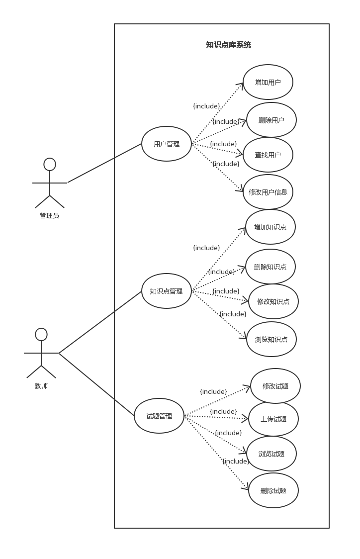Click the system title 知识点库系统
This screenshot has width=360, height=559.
(228, 45)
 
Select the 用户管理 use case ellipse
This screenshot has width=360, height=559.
(167, 144)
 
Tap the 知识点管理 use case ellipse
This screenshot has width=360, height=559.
(167, 291)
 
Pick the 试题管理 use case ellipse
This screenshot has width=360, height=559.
(159, 416)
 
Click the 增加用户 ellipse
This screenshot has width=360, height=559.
(268, 82)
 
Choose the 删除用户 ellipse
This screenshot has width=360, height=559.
(271, 120)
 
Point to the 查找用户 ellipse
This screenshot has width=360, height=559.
(268, 155)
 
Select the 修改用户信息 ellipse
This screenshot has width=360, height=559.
(268, 192)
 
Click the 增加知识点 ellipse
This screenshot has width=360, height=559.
(270, 227)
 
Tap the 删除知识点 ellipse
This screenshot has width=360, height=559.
(270, 267)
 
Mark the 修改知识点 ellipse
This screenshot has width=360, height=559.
(273, 301)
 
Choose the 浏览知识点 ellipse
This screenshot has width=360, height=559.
(271, 339)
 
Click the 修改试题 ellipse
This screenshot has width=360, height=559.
(275, 386)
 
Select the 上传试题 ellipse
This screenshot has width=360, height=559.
(273, 419)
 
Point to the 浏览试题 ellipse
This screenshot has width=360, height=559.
(271, 454)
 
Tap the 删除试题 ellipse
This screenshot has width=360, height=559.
(273, 490)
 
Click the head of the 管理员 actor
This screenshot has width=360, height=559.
(50, 164)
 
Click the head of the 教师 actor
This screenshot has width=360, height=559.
(41, 334)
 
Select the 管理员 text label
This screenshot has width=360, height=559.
(50, 215)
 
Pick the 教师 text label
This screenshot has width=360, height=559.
(41, 385)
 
